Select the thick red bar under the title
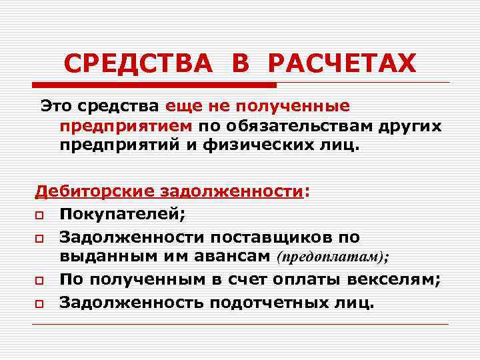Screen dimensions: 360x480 pyautogui.click(x=153, y=85)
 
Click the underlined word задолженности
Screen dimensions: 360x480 pyautogui.click(x=233, y=192)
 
